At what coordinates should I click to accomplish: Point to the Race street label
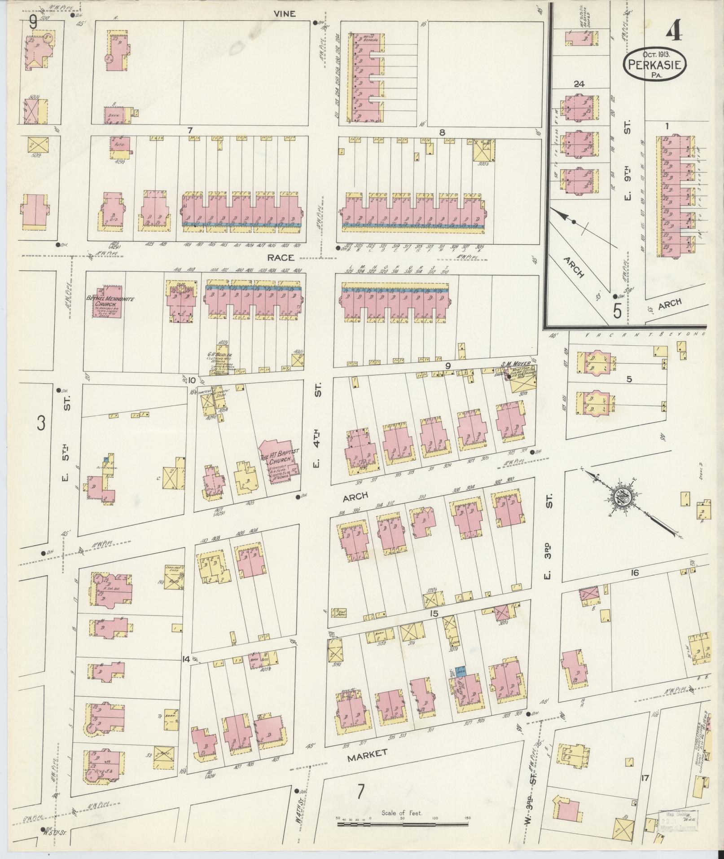point(281,257)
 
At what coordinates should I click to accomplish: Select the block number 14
point(185,659)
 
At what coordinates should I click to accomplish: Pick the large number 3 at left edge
point(41,423)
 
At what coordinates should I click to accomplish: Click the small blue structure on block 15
point(460,672)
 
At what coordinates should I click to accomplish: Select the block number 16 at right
point(634,573)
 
